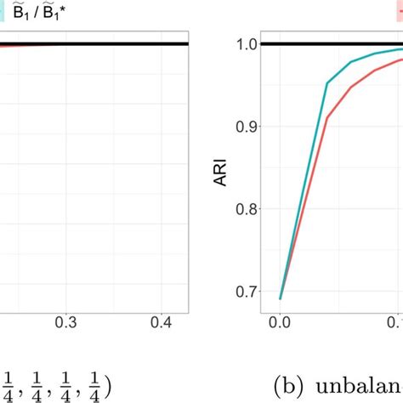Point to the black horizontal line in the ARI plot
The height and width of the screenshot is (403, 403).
pos(332,43)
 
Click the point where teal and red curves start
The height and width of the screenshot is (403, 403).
pos(281,298)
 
